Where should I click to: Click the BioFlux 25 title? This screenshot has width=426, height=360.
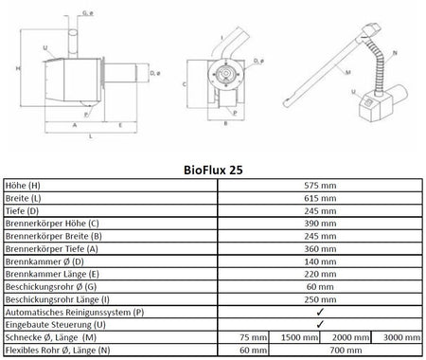(x=213, y=170)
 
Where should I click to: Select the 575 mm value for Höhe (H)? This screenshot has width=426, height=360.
(x=320, y=186)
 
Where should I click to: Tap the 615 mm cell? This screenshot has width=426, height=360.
(x=320, y=198)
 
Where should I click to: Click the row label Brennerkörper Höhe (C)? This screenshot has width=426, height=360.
(x=52, y=224)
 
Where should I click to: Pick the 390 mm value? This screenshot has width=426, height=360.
(x=320, y=224)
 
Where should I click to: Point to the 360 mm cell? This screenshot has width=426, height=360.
(x=320, y=249)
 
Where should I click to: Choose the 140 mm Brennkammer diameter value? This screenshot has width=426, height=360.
(x=320, y=261)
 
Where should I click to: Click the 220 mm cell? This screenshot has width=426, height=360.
(x=320, y=274)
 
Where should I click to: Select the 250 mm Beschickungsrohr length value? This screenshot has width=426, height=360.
(x=320, y=299)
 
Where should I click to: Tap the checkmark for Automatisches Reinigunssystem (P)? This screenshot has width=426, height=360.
(x=320, y=312)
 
